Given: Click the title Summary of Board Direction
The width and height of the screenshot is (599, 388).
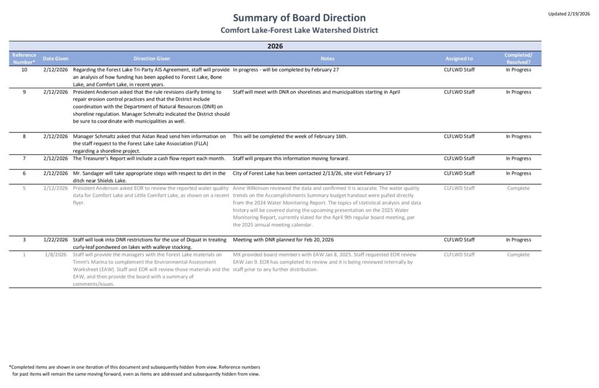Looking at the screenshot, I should click(x=299, y=18).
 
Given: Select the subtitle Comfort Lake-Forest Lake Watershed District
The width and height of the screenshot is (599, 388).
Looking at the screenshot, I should click(x=299, y=30).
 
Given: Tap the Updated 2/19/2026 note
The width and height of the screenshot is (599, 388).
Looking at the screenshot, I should click(x=570, y=13).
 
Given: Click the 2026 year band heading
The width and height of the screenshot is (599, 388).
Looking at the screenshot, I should click(x=275, y=46).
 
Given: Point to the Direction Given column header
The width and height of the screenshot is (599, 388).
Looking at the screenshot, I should click(x=152, y=59).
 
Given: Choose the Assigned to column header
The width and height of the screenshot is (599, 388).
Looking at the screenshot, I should click(x=459, y=59).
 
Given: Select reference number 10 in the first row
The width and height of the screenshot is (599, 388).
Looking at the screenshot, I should click(x=24, y=70).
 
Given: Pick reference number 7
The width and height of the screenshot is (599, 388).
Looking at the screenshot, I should click(x=24, y=159).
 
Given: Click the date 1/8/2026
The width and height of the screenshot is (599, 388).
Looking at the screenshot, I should click(x=57, y=255).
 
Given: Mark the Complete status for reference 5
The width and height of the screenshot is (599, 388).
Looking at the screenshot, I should click(x=518, y=188).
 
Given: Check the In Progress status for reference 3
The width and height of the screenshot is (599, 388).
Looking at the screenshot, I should click(x=518, y=240).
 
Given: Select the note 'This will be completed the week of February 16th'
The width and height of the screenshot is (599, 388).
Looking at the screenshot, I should click(x=290, y=136).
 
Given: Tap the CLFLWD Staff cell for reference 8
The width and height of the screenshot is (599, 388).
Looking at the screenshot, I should click(x=459, y=136).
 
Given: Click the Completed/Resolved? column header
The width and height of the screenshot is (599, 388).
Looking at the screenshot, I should click(x=518, y=59).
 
